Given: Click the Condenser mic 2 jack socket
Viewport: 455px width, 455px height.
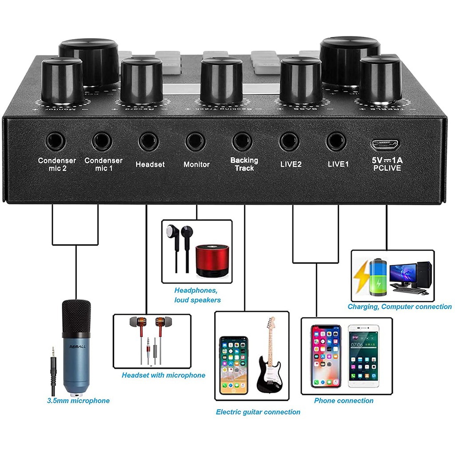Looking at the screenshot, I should (x=56, y=142).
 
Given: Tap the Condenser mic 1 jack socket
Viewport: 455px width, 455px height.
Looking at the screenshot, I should (x=102, y=142).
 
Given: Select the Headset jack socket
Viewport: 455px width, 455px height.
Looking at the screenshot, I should (x=148, y=142).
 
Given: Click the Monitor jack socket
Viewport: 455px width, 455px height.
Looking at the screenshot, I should (x=196, y=142).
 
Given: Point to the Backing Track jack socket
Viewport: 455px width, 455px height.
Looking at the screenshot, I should (x=243, y=142).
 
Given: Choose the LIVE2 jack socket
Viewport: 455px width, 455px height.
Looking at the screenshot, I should (x=289, y=142).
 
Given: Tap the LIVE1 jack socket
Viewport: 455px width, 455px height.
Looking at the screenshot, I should (x=336, y=142).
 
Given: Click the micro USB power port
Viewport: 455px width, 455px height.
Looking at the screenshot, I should (x=385, y=144).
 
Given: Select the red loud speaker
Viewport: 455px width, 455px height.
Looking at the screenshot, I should (x=212, y=259).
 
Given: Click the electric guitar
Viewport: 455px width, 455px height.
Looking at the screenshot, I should (x=269, y=360).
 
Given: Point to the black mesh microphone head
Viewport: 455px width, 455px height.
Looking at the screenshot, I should (x=76, y=316).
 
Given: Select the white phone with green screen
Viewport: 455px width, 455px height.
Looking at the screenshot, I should (x=363, y=355).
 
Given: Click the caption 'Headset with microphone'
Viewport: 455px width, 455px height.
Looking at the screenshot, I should (x=164, y=375).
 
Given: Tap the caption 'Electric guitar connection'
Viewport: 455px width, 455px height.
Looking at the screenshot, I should (x=258, y=412).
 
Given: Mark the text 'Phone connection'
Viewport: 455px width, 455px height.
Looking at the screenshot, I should (x=343, y=401).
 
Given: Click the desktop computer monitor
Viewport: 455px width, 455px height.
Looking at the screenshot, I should (x=403, y=272).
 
